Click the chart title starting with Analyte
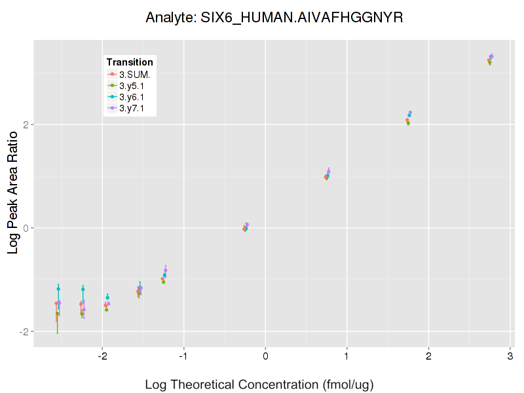pyautogui.click(x=274, y=18)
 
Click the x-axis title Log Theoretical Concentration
pyautogui.click(x=259, y=384)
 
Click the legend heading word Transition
pyautogui.click(x=130, y=62)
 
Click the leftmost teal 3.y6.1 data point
pyautogui.click(x=58, y=289)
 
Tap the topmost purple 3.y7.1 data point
pyautogui.click(x=492, y=56)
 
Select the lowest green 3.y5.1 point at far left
pyautogui.click(x=58, y=314)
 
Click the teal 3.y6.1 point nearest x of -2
pyautogui.click(x=107, y=298)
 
